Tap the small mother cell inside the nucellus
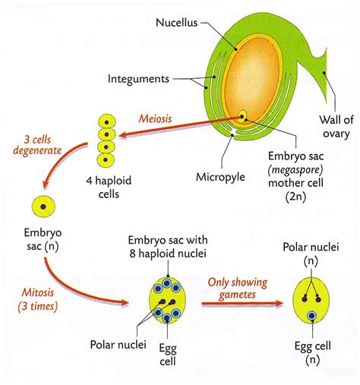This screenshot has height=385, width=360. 242,116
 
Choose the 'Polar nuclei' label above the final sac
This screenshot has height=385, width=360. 311,247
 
